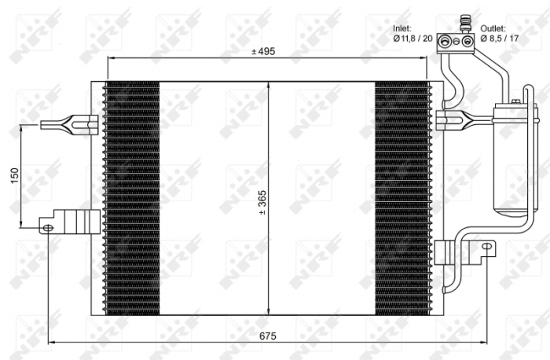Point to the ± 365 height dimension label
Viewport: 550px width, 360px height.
263,202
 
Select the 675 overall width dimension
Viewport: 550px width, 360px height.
268,335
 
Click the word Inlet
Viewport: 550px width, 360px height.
402,28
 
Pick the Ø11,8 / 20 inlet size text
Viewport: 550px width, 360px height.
414,38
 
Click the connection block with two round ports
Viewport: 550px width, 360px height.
459,39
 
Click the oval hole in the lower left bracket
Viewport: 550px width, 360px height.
49,227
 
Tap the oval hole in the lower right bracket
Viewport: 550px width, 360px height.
489,248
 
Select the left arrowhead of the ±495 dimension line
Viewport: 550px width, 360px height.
111,59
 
